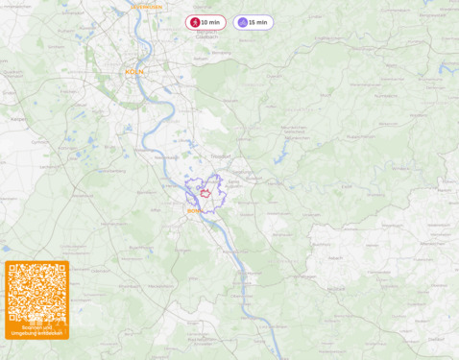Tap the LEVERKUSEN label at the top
tap(146, 7)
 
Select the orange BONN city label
tap(193, 210)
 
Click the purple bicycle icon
tap(242, 22)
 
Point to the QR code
tap(36, 293)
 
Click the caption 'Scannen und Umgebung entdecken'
tap(36, 330)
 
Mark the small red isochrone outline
tap(205, 193)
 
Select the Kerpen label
tap(18, 119)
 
